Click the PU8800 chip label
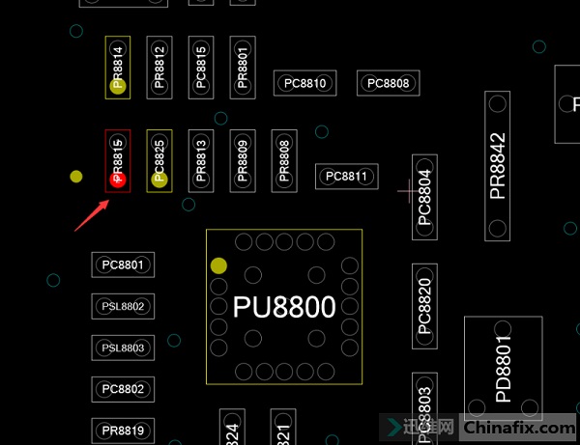pos(284,307)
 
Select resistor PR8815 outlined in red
pos(118,160)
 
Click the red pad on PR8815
pos(119,179)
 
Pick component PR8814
pos(118,68)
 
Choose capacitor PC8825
pos(159,160)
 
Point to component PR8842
pos(498,166)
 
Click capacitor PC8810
pos(304,83)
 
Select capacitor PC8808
pos(388,83)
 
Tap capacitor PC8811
pos(346,177)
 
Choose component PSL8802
pos(123,307)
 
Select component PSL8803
pos(123,348)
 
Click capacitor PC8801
pos(123,264)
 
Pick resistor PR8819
pos(123,430)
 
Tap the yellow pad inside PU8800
pos(218,265)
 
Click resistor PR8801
pos(243,68)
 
